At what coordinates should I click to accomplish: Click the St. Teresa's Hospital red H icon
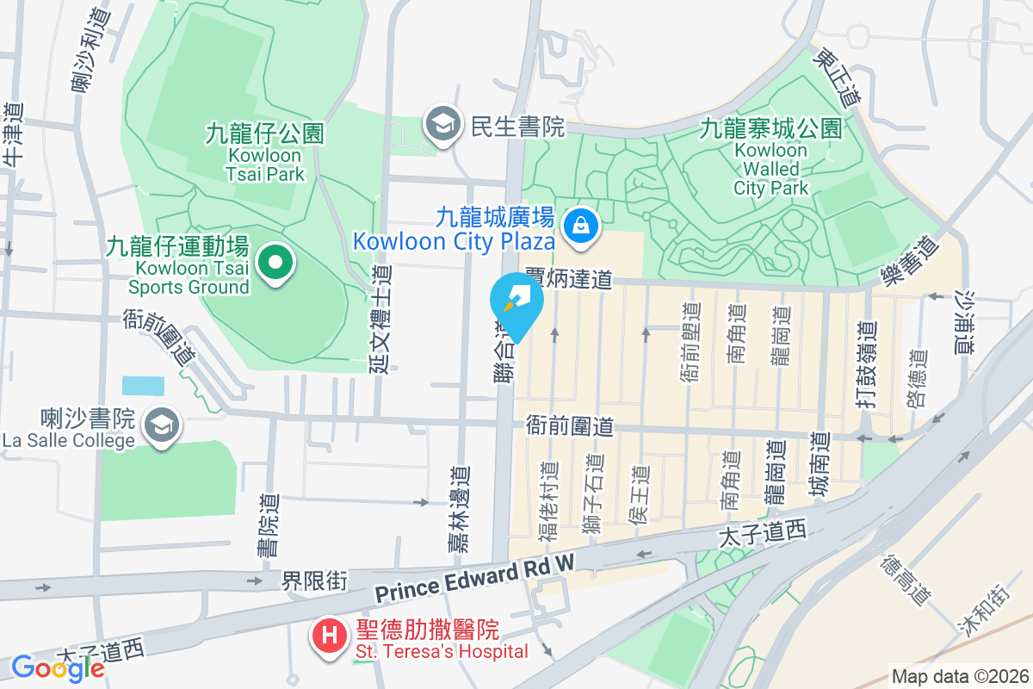point(329,637)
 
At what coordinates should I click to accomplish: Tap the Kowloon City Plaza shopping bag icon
point(581,227)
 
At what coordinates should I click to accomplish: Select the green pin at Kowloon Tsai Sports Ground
point(275,263)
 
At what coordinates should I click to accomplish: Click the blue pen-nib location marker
point(516,304)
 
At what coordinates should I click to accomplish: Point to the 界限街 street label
point(314,581)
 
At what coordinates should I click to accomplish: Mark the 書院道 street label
point(269,525)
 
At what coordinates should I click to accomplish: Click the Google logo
point(58,667)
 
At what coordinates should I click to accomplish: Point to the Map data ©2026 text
point(959,676)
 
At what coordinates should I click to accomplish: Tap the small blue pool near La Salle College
point(142,385)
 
